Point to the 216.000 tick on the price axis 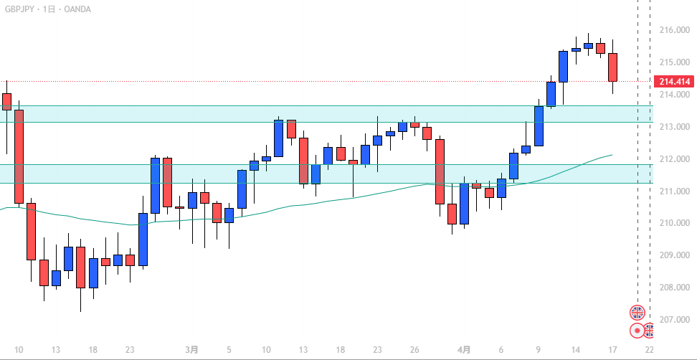(673, 30)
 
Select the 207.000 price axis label (673, 319)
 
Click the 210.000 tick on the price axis (673, 223)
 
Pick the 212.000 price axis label (673, 158)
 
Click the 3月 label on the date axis (191, 350)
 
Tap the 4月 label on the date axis (464, 350)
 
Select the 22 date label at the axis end (649, 350)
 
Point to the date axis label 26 (414, 350)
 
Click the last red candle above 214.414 (613, 67)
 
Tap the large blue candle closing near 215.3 (564, 66)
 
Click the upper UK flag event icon (637, 312)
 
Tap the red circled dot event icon (637, 331)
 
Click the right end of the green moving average (612, 154)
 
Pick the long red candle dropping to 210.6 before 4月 (440, 171)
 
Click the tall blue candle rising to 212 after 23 (154, 186)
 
